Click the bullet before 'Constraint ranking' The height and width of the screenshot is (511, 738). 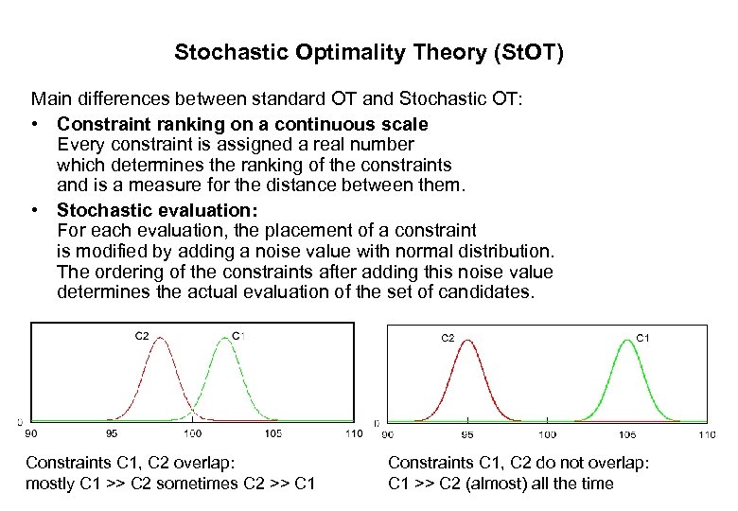pos(34,125)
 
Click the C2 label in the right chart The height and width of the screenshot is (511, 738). pos(448,336)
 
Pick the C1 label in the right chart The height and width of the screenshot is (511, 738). pos(641,336)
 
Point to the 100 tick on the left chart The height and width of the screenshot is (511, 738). pos(193,433)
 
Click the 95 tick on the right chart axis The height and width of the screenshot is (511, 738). pos(467,434)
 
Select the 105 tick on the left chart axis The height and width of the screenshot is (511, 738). pos(273,433)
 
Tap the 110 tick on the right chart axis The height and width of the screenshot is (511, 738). pos(706,434)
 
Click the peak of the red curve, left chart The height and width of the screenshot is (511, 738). pos(161,339)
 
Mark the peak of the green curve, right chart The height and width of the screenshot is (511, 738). pos(625,342)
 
